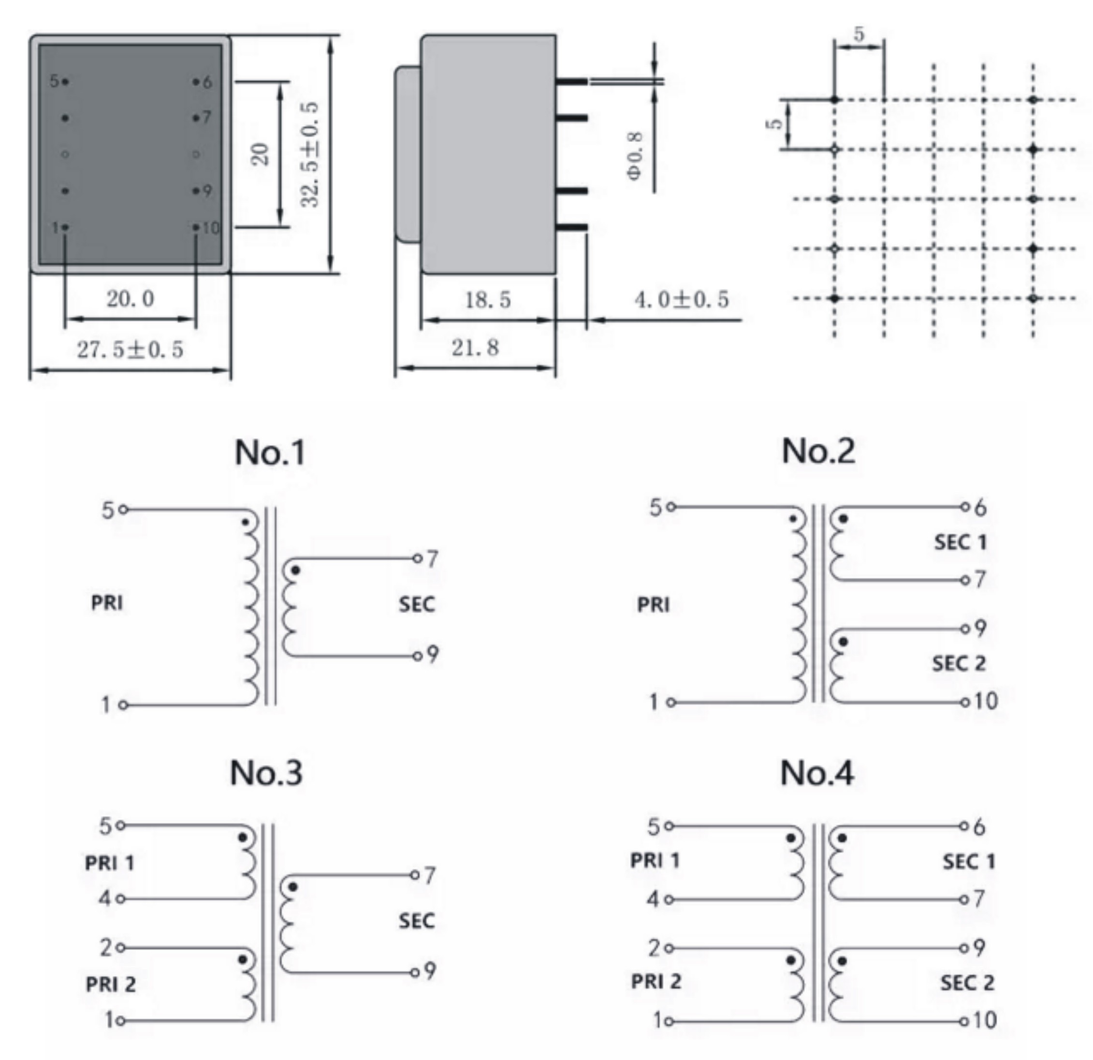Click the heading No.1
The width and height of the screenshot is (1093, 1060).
[270, 452]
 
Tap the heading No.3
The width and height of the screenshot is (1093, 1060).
[266, 773]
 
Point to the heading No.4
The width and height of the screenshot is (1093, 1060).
[817, 773]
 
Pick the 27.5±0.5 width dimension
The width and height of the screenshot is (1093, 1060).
[130, 349]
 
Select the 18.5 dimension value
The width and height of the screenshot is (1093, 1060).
[488, 300]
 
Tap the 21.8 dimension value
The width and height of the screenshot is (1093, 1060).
[475, 348]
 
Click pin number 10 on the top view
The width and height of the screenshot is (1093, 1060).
[210, 228]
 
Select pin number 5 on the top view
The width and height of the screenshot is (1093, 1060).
[54, 81]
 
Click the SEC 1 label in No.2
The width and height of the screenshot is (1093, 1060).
[960, 542]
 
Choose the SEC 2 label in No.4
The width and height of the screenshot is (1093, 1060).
[967, 983]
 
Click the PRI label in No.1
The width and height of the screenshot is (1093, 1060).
[106, 602]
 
